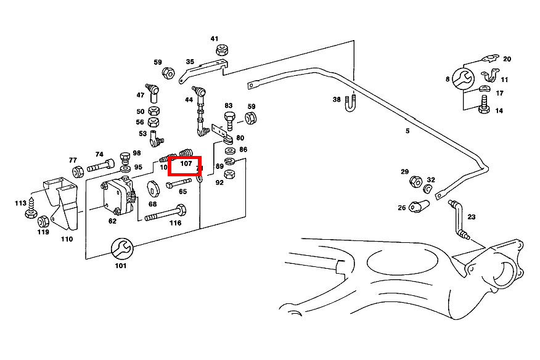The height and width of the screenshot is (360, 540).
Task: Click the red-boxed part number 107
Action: (x=186, y=164)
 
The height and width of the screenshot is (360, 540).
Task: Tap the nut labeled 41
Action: (x=223, y=51)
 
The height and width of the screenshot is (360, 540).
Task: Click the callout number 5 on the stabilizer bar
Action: (x=407, y=131)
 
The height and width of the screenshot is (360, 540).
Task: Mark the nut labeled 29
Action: (x=415, y=182)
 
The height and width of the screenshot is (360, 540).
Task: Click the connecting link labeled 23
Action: (x=460, y=219)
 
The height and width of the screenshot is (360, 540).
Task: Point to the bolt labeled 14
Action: (x=484, y=108)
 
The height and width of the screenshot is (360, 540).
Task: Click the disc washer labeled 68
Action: (x=153, y=189)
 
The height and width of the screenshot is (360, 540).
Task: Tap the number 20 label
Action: (x=507, y=59)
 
